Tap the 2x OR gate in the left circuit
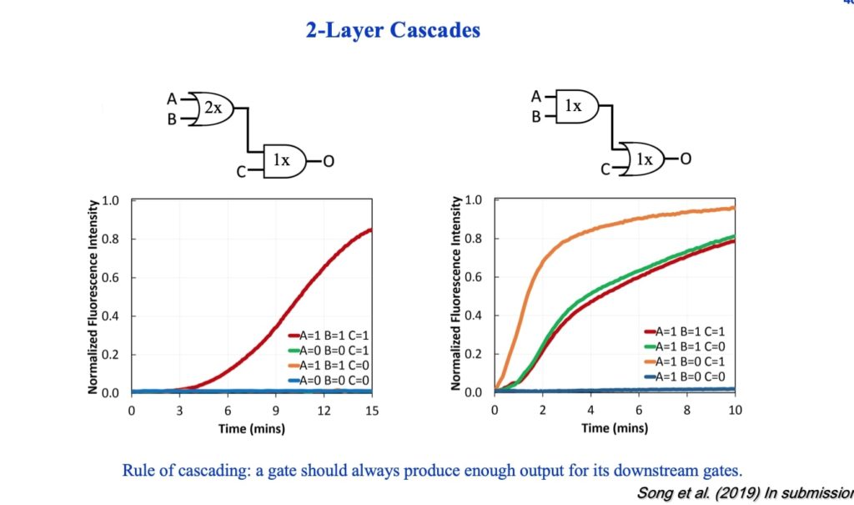[x=212, y=109]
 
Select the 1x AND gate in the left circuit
[x=283, y=160]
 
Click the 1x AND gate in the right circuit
[x=573, y=107]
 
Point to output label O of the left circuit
[x=329, y=161]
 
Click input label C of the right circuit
[x=605, y=170]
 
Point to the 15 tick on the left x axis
[x=371, y=411]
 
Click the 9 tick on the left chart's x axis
[x=275, y=411]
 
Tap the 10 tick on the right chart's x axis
[x=734, y=410]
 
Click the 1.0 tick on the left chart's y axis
[x=110, y=201]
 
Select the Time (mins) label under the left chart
[x=252, y=429]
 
